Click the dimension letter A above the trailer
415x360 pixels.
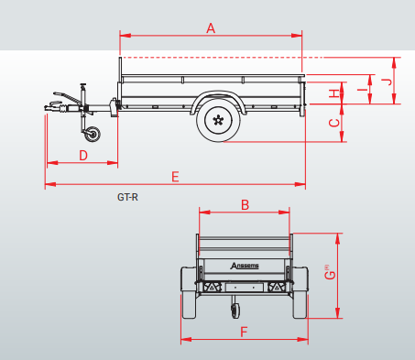pos(211,28)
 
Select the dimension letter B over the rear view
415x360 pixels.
pos(245,205)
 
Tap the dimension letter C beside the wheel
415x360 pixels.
pos(335,122)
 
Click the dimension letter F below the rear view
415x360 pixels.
pos(244,332)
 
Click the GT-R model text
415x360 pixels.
pos(127,196)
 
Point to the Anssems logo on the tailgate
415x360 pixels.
pos(244,267)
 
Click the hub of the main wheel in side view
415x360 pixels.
pos(218,119)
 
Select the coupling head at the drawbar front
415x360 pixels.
pos(51,108)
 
